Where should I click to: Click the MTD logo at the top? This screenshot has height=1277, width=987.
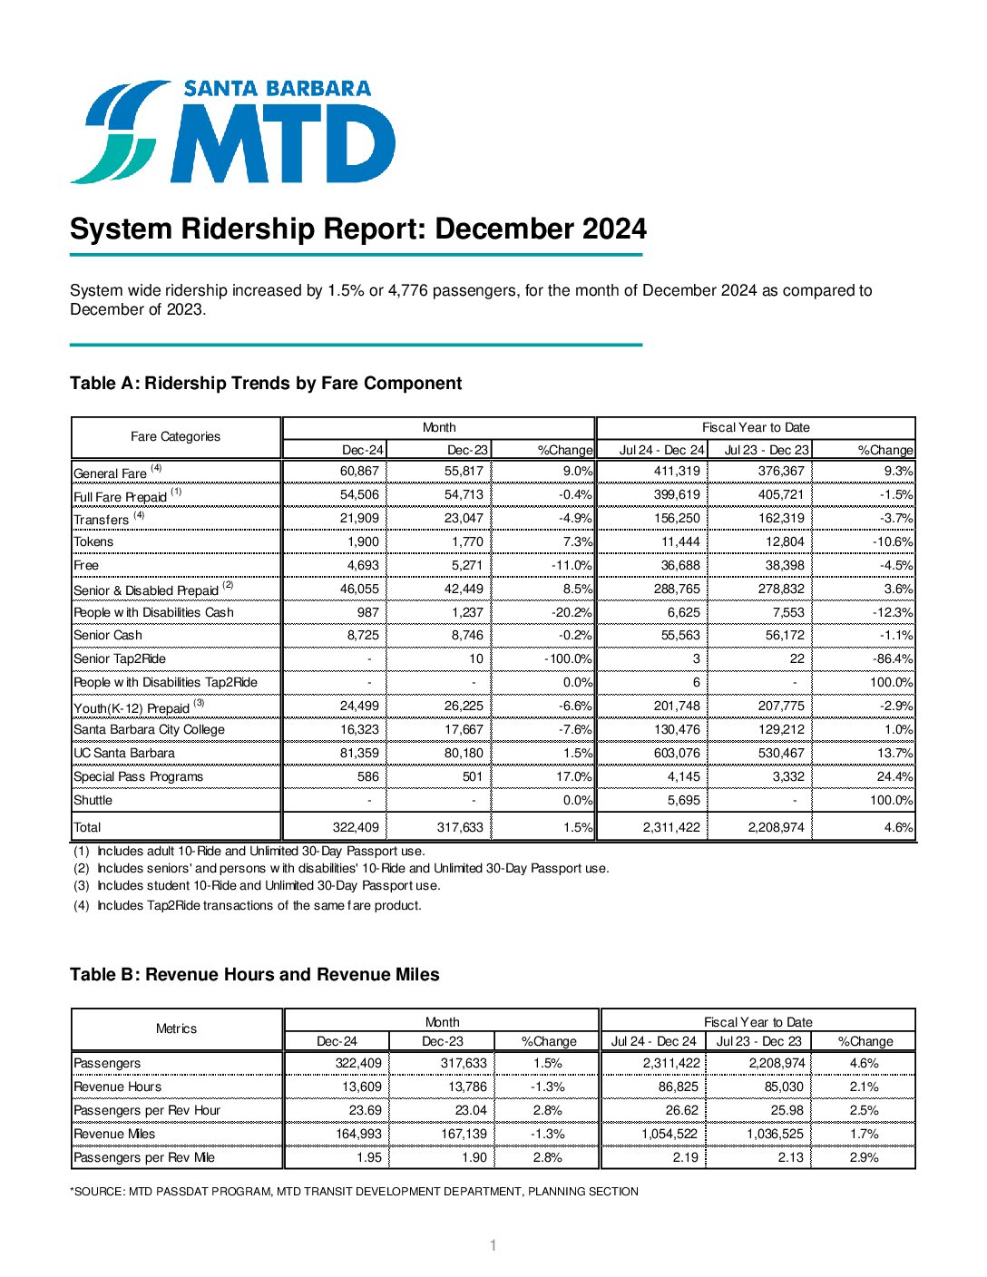[x=233, y=132]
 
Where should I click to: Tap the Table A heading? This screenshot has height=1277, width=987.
[x=266, y=384]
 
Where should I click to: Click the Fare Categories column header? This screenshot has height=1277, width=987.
[x=175, y=437]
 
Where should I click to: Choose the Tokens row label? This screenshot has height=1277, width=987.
[x=94, y=542]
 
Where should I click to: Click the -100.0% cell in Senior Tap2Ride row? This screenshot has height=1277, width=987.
[x=568, y=659]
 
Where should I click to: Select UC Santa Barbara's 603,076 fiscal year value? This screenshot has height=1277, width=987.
[x=677, y=754]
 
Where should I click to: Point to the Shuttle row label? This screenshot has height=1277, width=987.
[x=93, y=801]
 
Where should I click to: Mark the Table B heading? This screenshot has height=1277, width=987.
[x=255, y=975]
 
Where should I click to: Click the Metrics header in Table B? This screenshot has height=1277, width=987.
[x=176, y=1029]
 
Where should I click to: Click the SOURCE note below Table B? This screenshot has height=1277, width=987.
[x=354, y=1192]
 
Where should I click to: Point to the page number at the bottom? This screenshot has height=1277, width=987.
[x=493, y=1246]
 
